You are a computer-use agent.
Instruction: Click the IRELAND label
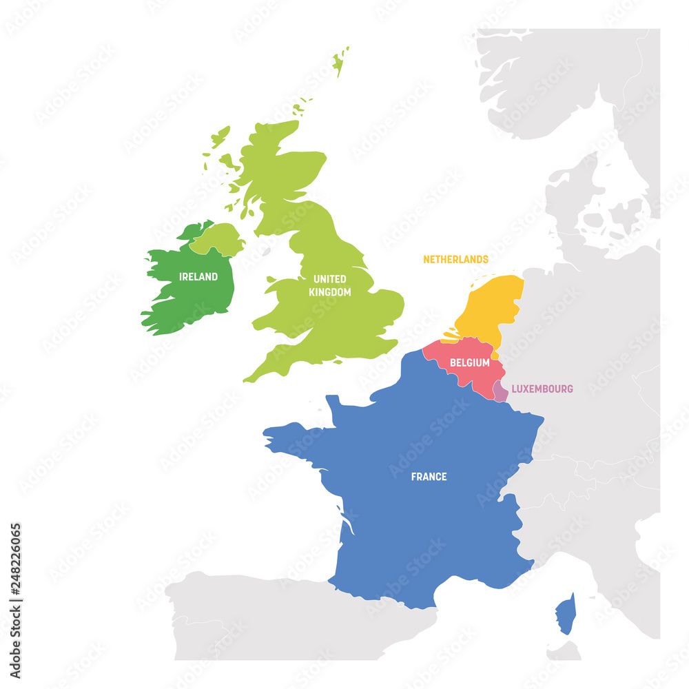(198, 277)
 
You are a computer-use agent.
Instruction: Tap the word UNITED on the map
(330, 279)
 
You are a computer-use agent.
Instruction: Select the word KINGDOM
(330, 292)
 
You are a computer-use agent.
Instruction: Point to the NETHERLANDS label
(455, 260)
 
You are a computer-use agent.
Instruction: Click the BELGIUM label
(470, 363)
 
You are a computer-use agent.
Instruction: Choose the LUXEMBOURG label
(542, 389)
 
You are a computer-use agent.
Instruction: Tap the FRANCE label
(429, 477)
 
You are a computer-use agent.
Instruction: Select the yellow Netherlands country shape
(491, 307)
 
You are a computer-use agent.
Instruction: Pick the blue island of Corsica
(566, 615)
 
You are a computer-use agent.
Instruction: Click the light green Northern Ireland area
(217, 238)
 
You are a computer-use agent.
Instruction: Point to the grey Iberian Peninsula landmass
(276, 620)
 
